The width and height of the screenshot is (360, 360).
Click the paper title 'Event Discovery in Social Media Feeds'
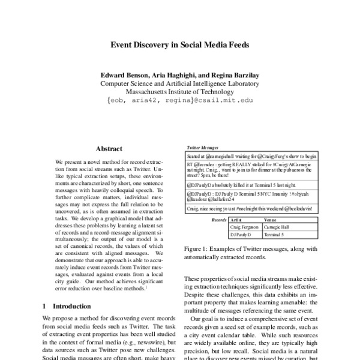tap(180, 44)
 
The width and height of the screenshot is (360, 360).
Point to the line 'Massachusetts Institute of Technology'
tap(180, 93)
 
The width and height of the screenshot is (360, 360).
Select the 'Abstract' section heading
tap(109, 148)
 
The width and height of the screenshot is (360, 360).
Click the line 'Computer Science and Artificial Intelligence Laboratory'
tap(180, 85)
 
